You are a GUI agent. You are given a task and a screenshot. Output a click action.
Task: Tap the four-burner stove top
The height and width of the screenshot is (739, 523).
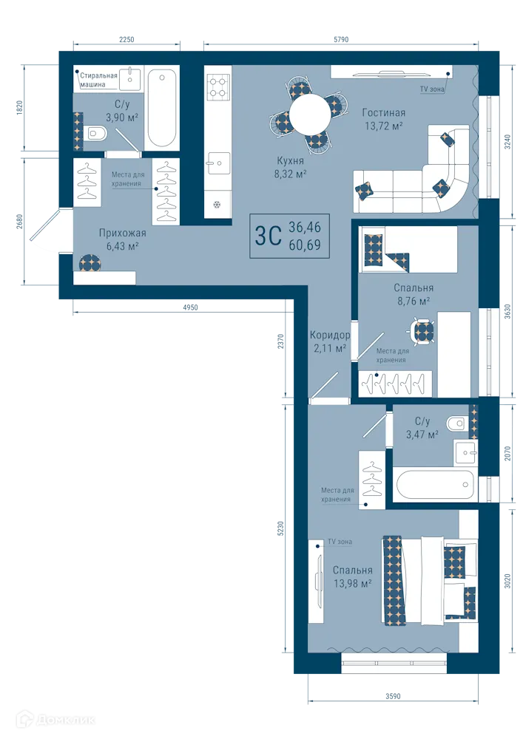pyautogui.click(x=218, y=88)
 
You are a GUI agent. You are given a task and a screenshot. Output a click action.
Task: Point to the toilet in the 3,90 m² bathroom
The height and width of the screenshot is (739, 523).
pyautogui.click(x=97, y=134)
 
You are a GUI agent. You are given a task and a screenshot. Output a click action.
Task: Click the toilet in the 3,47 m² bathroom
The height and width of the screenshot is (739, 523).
pyautogui.click(x=456, y=423)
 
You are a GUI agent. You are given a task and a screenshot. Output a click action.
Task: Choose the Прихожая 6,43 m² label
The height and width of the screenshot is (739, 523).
pyautogui.click(x=123, y=239)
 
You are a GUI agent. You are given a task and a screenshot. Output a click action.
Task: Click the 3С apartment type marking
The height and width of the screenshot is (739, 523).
pyautogui.click(x=268, y=236)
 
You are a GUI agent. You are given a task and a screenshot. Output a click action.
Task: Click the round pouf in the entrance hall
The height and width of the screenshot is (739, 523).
pyautogui.click(x=90, y=262)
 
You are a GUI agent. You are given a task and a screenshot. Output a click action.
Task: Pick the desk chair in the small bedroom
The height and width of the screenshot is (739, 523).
pyautogui.click(x=422, y=332)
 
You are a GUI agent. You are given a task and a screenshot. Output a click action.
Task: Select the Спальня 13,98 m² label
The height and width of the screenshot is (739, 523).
pyautogui.click(x=352, y=576)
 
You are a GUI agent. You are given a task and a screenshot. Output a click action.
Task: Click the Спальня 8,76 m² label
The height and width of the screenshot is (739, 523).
pyautogui.click(x=414, y=294)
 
